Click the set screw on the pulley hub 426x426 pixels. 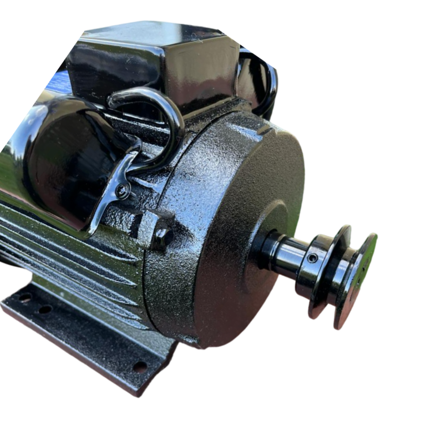click(x=313, y=258)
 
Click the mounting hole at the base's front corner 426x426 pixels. click(x=140, y=367)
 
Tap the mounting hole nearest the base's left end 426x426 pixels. click(x=25, y=298)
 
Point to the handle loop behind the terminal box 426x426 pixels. click(x=261, y=83)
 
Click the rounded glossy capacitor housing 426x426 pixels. click(x=61, y=155)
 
